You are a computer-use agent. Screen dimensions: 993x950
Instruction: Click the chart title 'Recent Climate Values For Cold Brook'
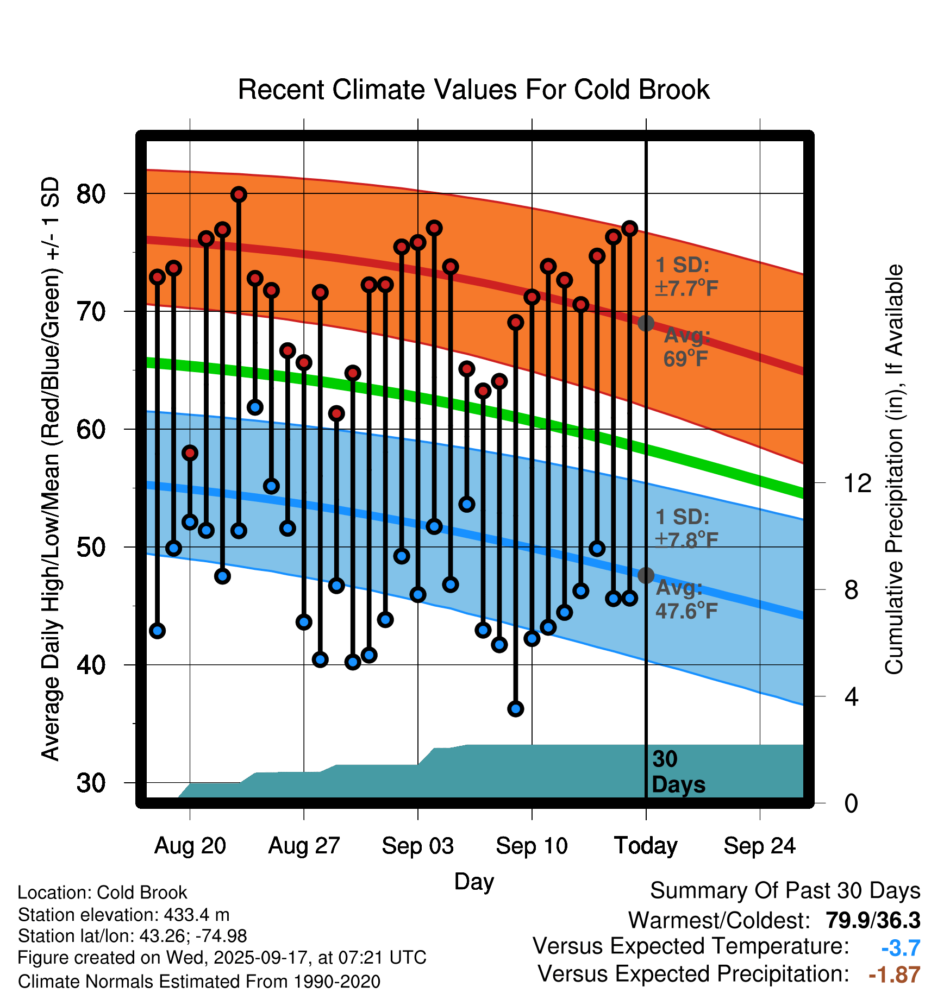pos(473,90)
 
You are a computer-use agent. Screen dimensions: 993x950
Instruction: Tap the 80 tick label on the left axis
pos(91,194)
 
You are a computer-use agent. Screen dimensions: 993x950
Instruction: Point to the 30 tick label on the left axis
pos(91,783)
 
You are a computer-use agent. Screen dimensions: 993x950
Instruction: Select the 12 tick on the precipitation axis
pos(858,483)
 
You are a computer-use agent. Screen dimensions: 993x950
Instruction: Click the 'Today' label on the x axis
pos(646,846)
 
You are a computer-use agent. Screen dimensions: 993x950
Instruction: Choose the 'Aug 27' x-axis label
pos(304,846)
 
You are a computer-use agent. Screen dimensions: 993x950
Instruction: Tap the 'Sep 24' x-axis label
pos(759,846)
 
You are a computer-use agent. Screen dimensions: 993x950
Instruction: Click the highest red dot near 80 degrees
pos(239,194)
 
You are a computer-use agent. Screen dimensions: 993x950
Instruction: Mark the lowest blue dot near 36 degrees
pos(516,708)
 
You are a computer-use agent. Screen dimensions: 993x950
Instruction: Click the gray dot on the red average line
pos(646,323)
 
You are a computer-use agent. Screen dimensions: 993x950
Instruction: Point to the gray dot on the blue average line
pos(646,575)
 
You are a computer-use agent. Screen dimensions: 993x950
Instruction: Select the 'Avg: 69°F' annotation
pos(686,347)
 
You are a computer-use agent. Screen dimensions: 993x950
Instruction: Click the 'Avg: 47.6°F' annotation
pos(686,600)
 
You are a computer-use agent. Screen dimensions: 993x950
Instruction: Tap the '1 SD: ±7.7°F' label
pos(686,276)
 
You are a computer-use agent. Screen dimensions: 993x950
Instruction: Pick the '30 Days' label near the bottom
pos(678,772)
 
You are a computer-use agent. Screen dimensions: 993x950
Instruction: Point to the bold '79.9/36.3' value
pos(873,920)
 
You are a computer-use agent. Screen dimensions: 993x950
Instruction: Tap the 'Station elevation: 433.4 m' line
pos(124,915)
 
